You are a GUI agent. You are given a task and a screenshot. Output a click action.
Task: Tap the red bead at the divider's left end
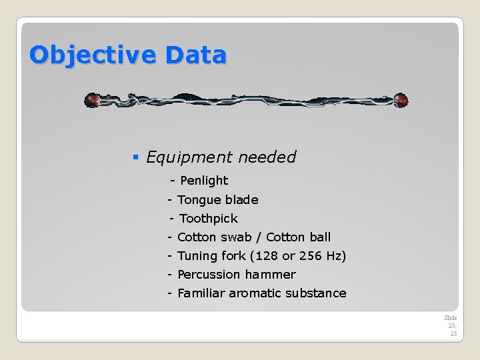click(92, 101)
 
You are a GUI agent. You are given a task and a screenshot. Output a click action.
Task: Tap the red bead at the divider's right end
click(400, 101)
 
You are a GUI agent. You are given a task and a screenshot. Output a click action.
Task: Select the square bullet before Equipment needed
click(135, 158)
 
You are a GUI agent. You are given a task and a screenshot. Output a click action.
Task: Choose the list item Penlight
click(204, 181)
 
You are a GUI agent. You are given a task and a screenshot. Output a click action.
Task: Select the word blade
click(241, 200)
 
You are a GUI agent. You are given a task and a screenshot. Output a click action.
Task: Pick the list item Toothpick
click(209, 219)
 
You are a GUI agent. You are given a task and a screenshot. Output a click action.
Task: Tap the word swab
click(237, 237)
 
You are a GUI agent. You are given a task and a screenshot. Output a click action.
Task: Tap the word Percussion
click(209, 275)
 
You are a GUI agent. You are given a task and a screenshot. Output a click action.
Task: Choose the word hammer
click(270, 275)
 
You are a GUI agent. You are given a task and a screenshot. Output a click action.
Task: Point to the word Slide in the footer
click(451, 318)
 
